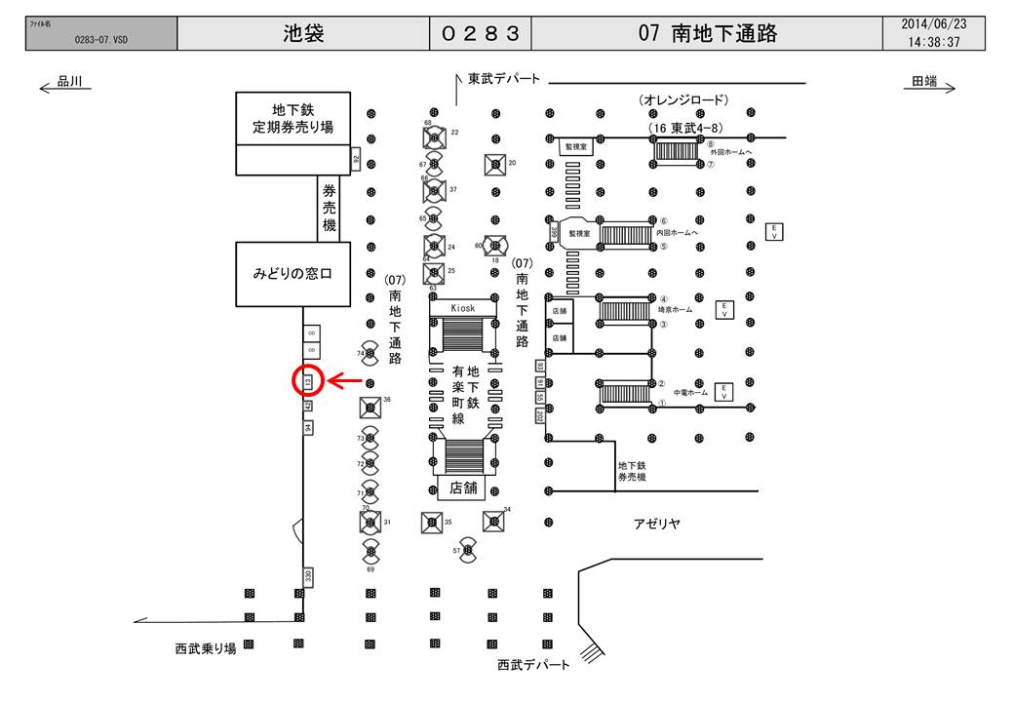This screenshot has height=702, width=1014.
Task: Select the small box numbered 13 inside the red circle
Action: [307, 380]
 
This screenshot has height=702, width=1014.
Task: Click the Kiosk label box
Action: [463, 307]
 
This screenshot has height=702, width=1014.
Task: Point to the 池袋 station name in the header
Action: [303, 34]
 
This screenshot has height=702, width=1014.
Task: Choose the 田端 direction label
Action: [925, 84]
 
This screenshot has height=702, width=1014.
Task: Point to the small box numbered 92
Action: [356, 158]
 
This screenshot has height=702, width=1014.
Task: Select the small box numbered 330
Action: [308, 576]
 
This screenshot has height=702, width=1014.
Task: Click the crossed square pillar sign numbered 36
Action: [370, 407]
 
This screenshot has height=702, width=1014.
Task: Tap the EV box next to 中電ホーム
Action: [724, 391]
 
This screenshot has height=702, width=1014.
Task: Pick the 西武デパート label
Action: [532, 664]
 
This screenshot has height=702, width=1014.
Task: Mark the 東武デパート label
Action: [503, 79]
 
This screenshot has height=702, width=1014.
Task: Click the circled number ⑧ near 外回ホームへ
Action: [711, 143]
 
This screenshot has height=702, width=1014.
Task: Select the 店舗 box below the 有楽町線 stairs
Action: [462, 488]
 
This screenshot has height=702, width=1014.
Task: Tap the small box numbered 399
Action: [555, 233]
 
